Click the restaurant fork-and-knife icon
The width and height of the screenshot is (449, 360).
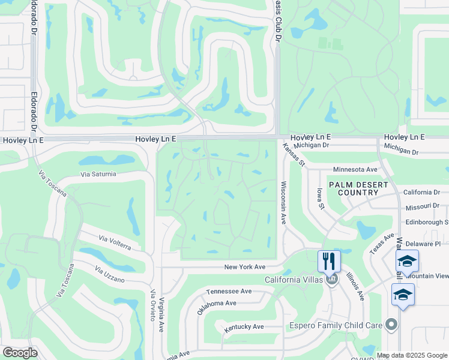329,260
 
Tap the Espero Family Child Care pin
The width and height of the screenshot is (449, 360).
392,325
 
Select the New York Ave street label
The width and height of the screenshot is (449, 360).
244,267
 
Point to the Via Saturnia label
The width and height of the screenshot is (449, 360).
99,175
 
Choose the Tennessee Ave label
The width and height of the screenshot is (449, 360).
229,291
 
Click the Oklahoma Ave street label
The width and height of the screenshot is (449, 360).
217,303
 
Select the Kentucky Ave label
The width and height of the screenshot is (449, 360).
244,327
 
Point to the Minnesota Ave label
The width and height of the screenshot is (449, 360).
355,170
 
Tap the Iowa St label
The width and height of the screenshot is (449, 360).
321,198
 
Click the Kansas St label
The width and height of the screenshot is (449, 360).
294,155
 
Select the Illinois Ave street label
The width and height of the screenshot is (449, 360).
355,286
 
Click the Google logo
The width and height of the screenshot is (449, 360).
19,353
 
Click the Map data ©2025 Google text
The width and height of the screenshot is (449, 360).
412,355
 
